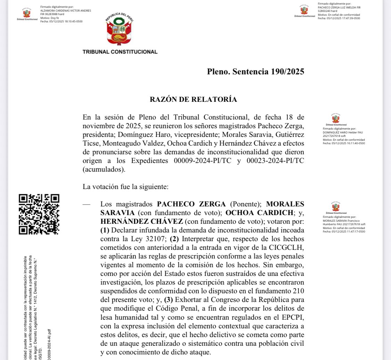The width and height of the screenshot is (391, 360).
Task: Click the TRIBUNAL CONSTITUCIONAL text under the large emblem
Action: (120, 52)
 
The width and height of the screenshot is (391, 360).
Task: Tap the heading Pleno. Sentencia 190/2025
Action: (255, 72)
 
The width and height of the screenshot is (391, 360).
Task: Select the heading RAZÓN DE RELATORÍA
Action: (193, 99)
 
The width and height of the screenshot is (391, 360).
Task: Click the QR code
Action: (39, 214)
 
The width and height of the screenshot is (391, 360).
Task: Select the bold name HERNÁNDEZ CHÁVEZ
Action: (141, 221)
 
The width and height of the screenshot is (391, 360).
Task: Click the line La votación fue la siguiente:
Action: (125, 187)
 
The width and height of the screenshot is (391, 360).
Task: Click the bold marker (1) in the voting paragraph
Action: (105, 230)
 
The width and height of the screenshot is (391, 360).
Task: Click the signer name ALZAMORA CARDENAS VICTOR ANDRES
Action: (65, 11)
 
